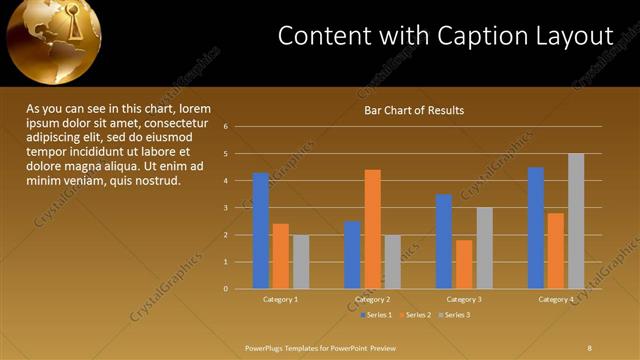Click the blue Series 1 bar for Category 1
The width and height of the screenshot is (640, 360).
(260, 231)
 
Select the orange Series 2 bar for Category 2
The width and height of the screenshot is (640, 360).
(372, 229)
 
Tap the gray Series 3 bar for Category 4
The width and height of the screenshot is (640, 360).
(576, 221)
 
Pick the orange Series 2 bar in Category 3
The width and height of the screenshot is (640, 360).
(464, 264)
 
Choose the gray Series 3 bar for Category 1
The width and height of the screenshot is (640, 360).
(300, 262)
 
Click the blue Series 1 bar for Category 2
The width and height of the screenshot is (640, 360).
(352, 255)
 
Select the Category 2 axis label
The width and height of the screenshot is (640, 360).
(372, 299)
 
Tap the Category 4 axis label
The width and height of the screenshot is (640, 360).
(556, 299)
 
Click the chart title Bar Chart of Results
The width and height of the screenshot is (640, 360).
(413, 110)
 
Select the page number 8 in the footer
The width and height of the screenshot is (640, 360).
(589, 347)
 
